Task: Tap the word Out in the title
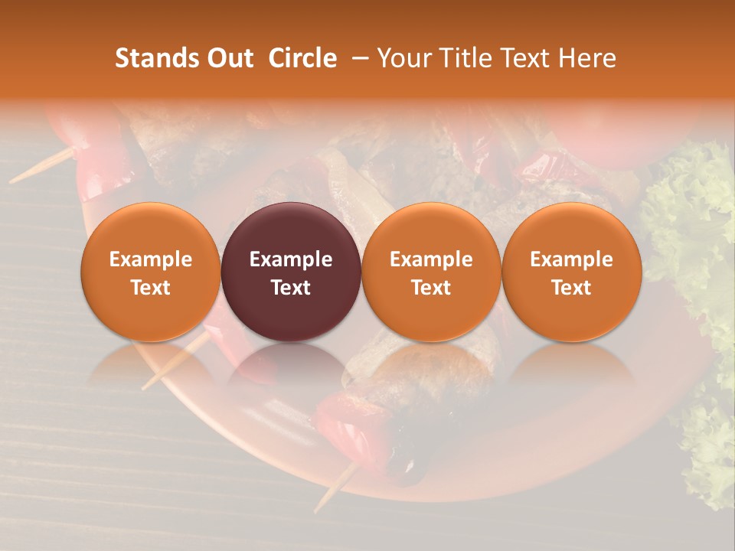pos(230,58)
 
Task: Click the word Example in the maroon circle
pos(291,259)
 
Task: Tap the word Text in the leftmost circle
pos(151,288)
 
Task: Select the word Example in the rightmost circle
pos(571,259)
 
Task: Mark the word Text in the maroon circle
pos(291,288)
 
